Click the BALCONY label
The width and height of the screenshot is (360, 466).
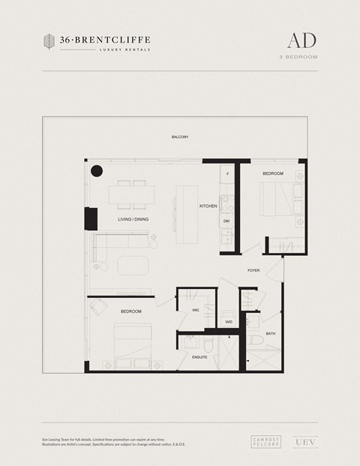point(179,137)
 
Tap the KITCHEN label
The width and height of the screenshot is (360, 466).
point(208,206)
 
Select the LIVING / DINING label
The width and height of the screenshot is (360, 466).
point(133,219)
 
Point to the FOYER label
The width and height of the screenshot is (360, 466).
point(253,270)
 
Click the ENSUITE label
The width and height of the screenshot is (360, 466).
point(199,357)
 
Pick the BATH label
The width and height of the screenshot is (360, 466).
point(270,333)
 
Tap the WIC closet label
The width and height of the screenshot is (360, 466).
point(194,310)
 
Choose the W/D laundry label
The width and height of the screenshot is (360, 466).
point(229,322)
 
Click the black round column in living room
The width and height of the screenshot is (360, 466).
point(96,171)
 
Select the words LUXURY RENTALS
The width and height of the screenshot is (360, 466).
point(124,50)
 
